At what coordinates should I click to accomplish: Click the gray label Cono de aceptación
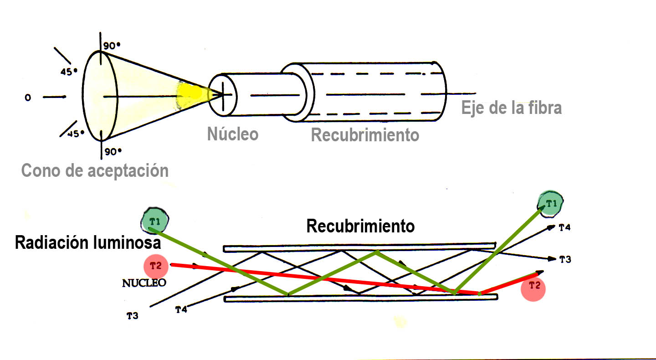pos(95,170)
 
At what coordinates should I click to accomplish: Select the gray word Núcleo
pos(232,134)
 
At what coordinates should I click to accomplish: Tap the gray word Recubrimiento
pos(365,135)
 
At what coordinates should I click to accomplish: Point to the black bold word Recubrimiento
pos(360,226)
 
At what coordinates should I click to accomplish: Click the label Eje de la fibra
pos(511,108)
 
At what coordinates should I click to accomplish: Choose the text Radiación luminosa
pos(87,243)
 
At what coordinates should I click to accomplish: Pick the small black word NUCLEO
pos(143,283)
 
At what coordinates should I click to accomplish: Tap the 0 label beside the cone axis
pos(28,98)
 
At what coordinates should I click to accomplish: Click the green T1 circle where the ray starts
pos(154,221)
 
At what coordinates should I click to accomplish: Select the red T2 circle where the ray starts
pos(156,265)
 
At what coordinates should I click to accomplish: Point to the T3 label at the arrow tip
pos(565,259)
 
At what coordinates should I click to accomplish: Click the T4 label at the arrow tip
pos(564,228)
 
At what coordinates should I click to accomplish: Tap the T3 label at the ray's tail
pos(132,315)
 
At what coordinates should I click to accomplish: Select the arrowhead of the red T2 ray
pos(540,273)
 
